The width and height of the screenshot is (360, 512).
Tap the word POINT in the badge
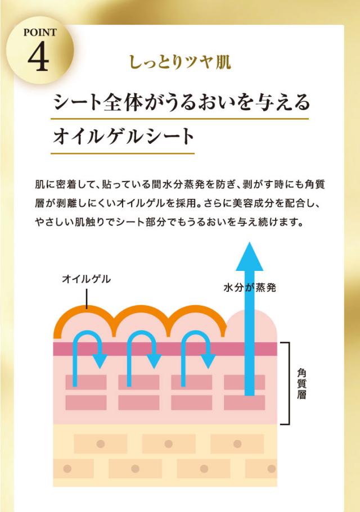click(x=40, y=33)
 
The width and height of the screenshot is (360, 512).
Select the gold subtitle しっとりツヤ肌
click(x=181, y=62)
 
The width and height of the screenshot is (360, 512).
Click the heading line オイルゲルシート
click(x=124, y=136)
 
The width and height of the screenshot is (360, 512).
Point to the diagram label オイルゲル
click(x=86, y=279)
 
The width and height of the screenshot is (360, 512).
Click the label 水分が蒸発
click(x=250, y=287)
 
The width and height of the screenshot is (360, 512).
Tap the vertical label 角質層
click(x=301, y=384)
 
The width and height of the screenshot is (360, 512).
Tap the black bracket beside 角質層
click(x=289, y=383)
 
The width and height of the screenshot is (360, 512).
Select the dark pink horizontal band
click(x=165, y=349)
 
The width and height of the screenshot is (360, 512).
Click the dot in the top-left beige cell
click(x=101, y=444)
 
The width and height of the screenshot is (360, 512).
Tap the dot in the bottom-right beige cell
click(x=272, y=469)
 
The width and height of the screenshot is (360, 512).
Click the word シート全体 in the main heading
click(x=98, y=102)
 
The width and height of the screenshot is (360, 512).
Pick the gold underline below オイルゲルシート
click(x=123, y=153)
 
